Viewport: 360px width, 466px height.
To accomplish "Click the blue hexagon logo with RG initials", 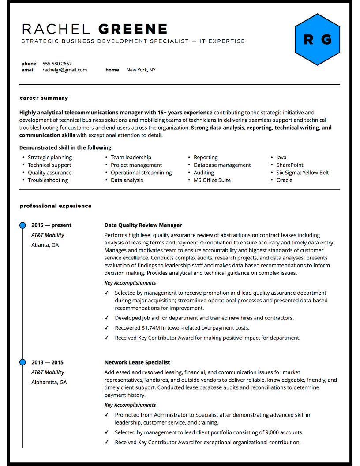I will [317, 40].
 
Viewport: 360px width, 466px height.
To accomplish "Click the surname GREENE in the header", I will [133, 29].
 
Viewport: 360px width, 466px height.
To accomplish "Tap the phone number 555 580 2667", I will [57, 64].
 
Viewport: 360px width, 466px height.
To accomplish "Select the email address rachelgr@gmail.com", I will [64, 70].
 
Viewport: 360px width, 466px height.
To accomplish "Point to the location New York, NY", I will [141, 70].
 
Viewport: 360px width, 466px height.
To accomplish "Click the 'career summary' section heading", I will [44, 98].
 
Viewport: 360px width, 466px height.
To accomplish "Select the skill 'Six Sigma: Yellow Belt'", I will [302, 173].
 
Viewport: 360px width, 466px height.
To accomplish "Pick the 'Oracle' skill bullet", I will [284, 180].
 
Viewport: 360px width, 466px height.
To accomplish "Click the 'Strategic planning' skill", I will [50, 157].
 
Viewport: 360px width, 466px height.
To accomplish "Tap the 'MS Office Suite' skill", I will [212, 180].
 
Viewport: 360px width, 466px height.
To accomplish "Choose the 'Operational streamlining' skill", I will [141, 173].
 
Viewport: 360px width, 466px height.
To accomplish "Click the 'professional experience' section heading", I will [56, 206].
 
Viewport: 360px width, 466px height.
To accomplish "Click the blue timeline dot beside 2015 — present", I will [22, 225].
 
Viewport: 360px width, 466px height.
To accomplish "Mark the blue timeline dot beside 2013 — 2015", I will [22, 362].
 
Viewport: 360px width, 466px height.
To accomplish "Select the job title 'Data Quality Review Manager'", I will [143, 225].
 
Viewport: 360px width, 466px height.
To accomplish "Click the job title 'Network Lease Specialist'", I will [137, 362].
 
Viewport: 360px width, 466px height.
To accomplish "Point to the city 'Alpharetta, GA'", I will [49, 382].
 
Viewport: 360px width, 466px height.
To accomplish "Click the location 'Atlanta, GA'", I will [45, 245].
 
